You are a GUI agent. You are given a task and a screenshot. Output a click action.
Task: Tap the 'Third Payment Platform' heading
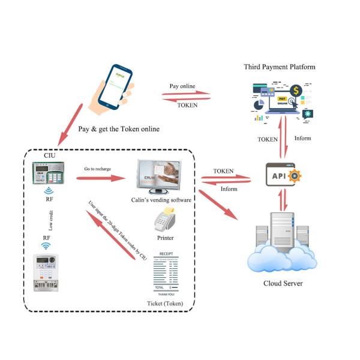279,66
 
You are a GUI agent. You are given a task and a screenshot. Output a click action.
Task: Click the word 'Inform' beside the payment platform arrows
303,139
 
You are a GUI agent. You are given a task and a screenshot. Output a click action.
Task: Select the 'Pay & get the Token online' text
117,129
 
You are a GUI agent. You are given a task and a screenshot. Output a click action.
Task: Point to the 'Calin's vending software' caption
161,200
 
